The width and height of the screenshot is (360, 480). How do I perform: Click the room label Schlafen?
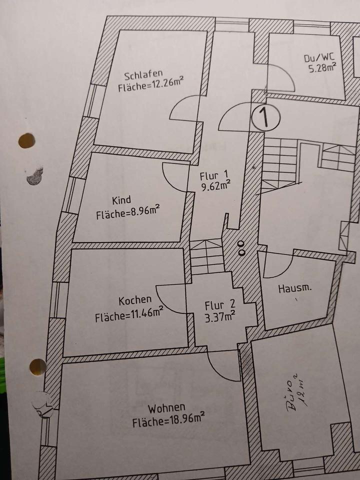click(143, 76)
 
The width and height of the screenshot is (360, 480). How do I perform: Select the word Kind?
click(121, 201)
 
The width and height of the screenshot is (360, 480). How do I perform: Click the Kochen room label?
click(135, 300)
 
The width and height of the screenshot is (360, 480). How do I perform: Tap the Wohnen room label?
click(166, 407)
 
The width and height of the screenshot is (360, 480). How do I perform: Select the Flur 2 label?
click(218, 304)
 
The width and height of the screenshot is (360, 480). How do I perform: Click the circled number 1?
click(265, 117)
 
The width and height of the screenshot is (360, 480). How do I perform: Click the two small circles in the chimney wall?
click(241, 247)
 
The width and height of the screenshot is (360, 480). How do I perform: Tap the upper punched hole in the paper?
click(26, 140)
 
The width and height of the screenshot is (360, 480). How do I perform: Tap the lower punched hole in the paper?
click(38, 367)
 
